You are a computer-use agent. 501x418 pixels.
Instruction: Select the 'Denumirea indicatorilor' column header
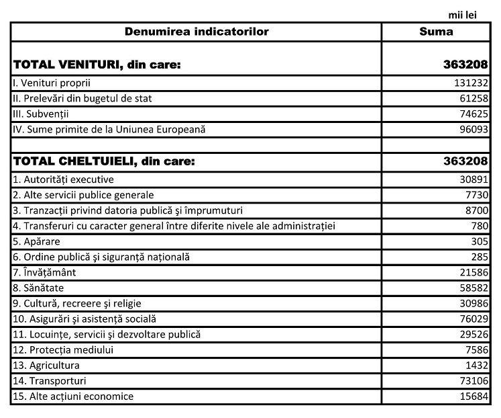point(197,32)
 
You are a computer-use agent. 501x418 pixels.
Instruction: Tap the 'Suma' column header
point(436,32)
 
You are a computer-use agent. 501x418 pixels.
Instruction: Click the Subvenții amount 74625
point(472,114)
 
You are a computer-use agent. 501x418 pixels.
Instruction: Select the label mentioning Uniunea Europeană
point(113,129)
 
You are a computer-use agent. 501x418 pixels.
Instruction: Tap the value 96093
point(472,129)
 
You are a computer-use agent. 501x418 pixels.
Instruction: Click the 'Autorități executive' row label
point(64,179)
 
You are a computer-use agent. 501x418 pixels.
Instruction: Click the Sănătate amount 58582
point(472,288)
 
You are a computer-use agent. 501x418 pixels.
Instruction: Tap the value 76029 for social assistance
point(472,319)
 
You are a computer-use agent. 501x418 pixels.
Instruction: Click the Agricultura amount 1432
point(475,365)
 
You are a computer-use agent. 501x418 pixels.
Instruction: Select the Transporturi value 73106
point(472,380)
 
